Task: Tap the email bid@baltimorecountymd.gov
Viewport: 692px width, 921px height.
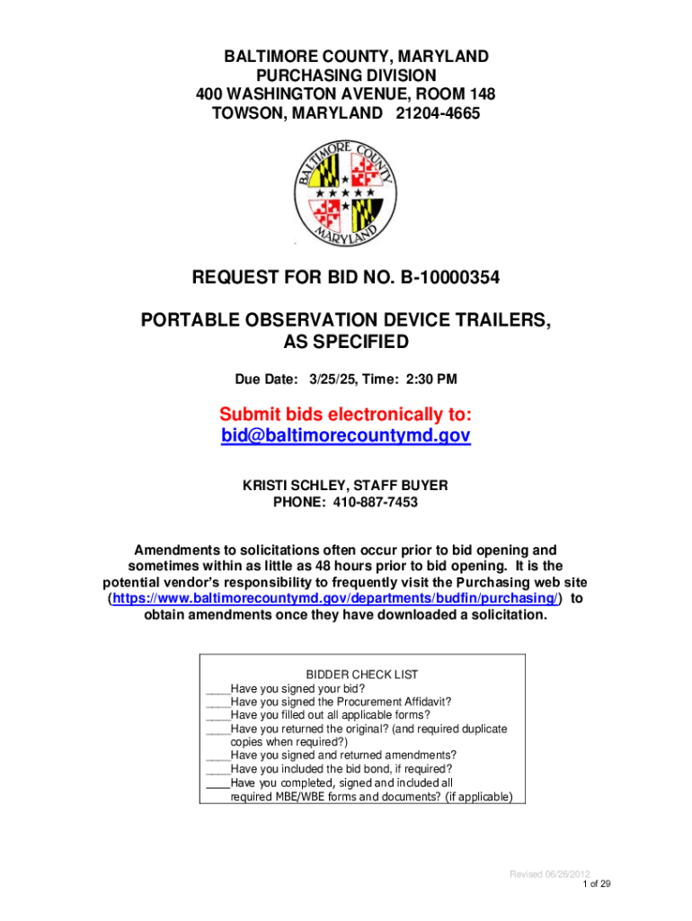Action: coord(345,435)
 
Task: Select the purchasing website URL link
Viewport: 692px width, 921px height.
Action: coord(334,598)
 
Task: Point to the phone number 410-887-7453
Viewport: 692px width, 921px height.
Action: coord(376,502)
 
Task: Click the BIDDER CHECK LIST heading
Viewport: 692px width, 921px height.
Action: coord(362,675)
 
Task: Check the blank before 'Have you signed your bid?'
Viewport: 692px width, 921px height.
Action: coord(217,688)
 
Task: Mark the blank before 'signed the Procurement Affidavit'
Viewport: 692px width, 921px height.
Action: coord(217,702)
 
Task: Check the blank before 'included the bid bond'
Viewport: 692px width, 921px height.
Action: coord(217,769)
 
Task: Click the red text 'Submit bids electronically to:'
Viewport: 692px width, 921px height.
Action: coord(345,414)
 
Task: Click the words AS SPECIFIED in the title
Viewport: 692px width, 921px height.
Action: coord(345,343)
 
